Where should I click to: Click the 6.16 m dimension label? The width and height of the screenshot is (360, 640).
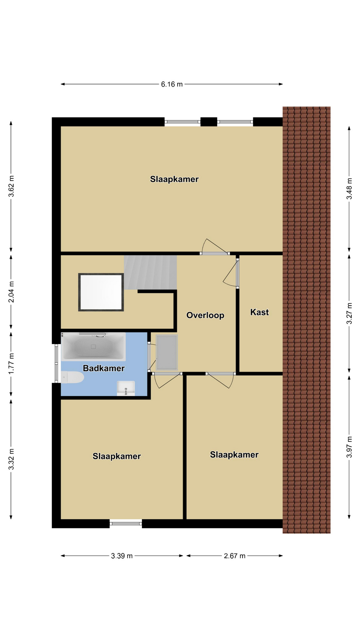pyautogui.click(x=172, y=84)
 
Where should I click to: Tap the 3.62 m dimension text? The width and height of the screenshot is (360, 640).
pyautogui.click(x=11, y=186)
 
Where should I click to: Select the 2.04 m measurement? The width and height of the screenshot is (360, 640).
pyautogui.click(x=11, y=292)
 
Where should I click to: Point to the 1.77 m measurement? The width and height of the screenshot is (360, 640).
pyautogui.click(x=11, y=363)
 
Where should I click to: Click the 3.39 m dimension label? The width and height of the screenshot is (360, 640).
pyautogui.click(x=122, y=556)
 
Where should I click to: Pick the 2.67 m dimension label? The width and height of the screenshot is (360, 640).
pyautogui.click(x=235, y=556)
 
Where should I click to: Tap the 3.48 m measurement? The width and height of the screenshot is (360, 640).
pyautogui.click(x=349, y=189)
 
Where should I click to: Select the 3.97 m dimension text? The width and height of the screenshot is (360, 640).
pyautogui.click(x=349, y=447)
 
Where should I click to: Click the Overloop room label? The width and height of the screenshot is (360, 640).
pyautogui.click(x=205, y=315)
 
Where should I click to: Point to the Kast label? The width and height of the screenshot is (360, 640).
pyautogui.click(x=259, y=312)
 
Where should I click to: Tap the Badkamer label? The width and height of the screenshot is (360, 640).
pyautogui.click(x=104, y=368)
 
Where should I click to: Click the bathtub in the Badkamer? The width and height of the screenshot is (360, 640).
pyautogui.click(x=93, y=347)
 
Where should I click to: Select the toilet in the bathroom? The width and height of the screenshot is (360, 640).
pyautogui.click(x=72, y=377)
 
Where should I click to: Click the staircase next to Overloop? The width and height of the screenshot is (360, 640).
pyautogui.click(x=150, y=273)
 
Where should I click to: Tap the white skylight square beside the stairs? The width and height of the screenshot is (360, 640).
pyautogui.click(x=101, y=292)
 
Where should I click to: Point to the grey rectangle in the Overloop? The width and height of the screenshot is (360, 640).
pyautogui.click(x=167, y=352)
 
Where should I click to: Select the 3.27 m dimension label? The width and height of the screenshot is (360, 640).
pyautogui.click(x=349, y=313)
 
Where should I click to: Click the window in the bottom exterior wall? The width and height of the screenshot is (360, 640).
pyautogui.click(x=126, y=524)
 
